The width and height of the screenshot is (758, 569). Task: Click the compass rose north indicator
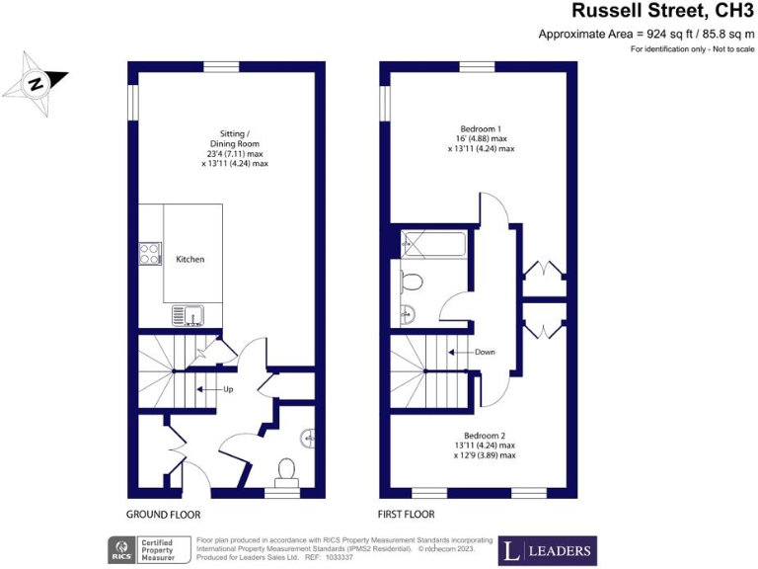click(37, 83)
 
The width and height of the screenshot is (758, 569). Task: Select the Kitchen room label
click(190, 259)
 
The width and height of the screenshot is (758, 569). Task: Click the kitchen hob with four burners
click(150, 253)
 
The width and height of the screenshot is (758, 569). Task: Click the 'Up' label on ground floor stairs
click(227, 389)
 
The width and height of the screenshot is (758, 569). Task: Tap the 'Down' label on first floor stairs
click(484, 352)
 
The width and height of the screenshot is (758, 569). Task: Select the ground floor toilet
click(287, 469)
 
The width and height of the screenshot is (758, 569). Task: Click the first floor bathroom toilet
click(413, 283)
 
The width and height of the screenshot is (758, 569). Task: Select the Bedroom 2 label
click(484, 436)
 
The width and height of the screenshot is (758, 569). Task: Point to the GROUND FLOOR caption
click(164, 515)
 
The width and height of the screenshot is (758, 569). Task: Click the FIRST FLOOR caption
click(407, 515)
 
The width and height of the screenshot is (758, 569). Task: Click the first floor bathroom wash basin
click(409, 315)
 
